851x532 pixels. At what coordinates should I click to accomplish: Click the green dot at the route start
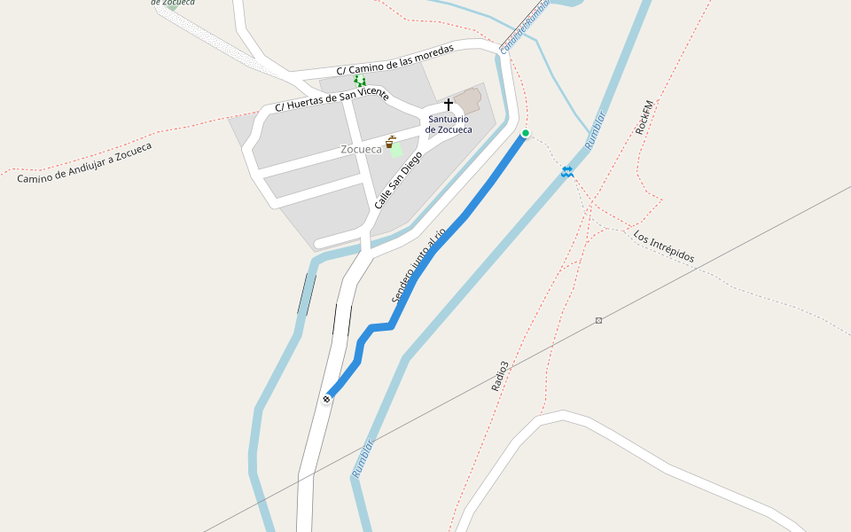click(x=526, y=133)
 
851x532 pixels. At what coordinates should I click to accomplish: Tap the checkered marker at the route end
click(x=327, y=399)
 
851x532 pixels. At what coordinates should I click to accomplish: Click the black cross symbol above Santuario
click(x=449, y=105)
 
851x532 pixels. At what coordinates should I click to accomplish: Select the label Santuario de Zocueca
click(x=449, y=124)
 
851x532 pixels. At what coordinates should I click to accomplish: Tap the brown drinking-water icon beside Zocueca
click(x=389, y=142)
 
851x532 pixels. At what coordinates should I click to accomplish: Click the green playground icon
click(x=360, y=82)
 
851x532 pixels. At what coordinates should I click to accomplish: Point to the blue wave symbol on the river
click(x=566, y=171)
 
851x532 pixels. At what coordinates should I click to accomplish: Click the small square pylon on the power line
click(x=599, y=320)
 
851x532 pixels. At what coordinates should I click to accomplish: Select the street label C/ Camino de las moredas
click(x=394, y=59)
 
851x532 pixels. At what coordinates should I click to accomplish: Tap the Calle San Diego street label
click(x=398, y=180)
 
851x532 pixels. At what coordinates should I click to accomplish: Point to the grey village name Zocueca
click(x=361, y=150)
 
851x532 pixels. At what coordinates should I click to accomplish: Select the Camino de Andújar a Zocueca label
click(x=84, y=163)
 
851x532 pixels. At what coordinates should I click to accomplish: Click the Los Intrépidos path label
click(x=664, y=246)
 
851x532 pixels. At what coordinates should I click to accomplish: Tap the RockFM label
click(x=644, y=117)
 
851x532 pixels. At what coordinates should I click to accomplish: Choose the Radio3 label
click(x=501, y=376)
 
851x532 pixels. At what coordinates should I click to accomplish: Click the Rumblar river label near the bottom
click(x=363, y=458)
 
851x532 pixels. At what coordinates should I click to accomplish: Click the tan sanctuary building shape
click(x=468, y=99)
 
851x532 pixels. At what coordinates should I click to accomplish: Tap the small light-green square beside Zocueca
click(x=396, y=150)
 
